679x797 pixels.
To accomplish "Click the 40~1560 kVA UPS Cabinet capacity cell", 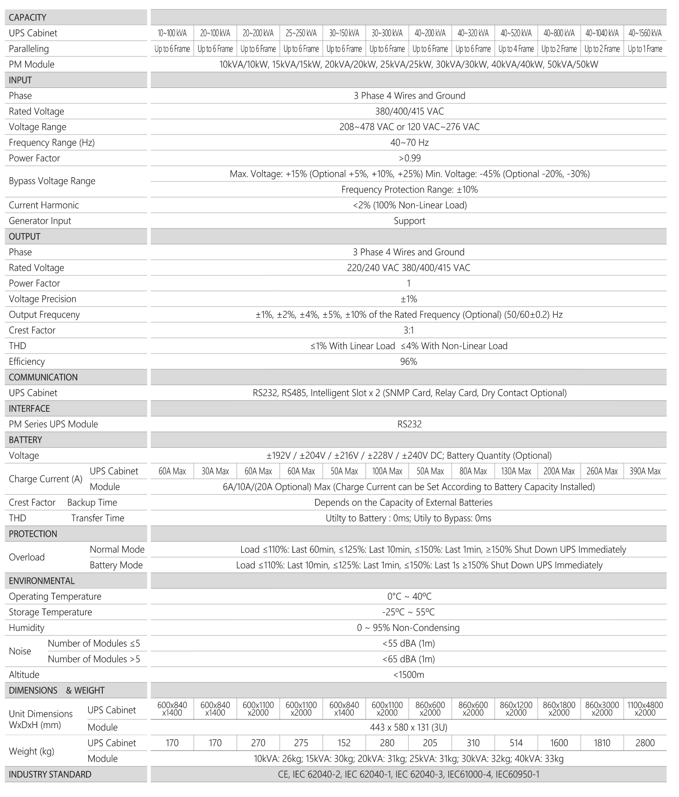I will [645, 33].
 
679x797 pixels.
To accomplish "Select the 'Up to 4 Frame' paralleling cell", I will [516, 49].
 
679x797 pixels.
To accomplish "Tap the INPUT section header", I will [20, 80].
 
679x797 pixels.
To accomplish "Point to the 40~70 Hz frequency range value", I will [409, 142].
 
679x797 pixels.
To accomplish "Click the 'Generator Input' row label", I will [40, 221].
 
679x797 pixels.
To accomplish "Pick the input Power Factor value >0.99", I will [409, 158].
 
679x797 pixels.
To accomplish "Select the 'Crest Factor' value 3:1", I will [408, 330].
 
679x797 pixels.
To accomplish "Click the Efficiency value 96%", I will [408, 362].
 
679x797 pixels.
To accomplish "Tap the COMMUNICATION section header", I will [43, 377].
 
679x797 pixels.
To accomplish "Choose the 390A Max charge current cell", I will [645, 471].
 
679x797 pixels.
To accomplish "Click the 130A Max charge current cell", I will [516, 471].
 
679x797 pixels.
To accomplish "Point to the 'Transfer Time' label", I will [98, 518].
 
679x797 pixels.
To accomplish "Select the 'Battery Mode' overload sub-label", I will [116, 565].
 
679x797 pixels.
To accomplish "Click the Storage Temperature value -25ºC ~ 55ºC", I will [408, 612].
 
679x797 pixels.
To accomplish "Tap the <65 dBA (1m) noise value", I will [408, 659].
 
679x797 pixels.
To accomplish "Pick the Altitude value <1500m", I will [408, 675].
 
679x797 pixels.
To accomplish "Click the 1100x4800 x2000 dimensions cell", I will [645, 709].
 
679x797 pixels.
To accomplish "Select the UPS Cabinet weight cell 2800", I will [645, 743].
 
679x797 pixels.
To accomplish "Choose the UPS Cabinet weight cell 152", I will [344, 743].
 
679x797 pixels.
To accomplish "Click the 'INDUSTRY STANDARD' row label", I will [50, 774].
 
